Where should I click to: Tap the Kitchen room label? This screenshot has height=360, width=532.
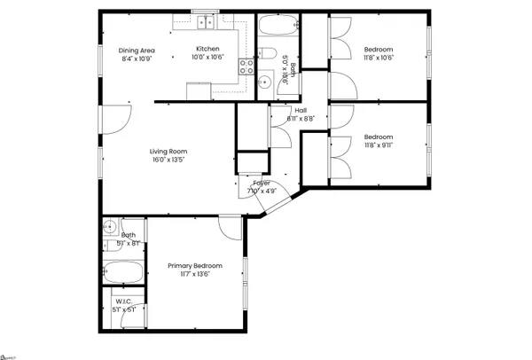click(207, 49)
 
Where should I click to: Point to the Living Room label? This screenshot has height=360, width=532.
click(168, 152)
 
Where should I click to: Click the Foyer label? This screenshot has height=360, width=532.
click(262, 183)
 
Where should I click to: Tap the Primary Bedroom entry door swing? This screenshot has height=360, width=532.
click(229, 229)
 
